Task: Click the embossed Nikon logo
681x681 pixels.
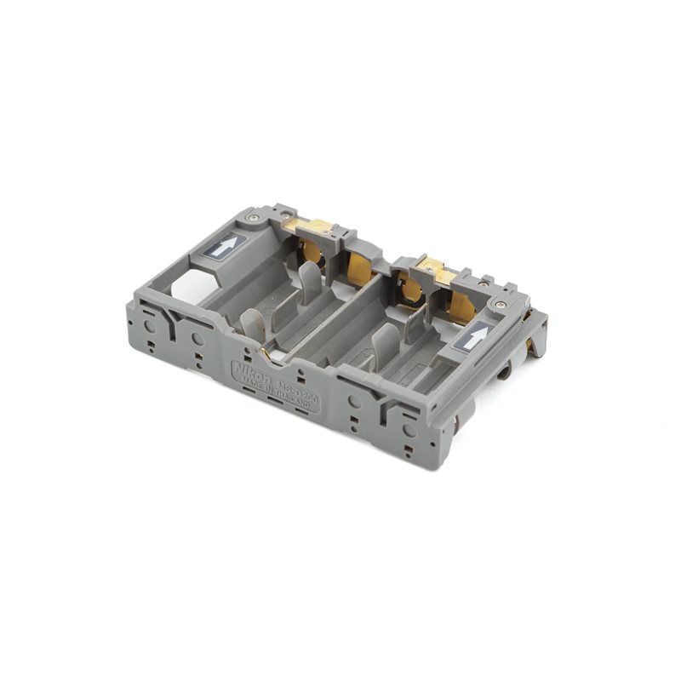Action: (x=253, y=373)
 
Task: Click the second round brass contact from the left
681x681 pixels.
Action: (x=359, y=267)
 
